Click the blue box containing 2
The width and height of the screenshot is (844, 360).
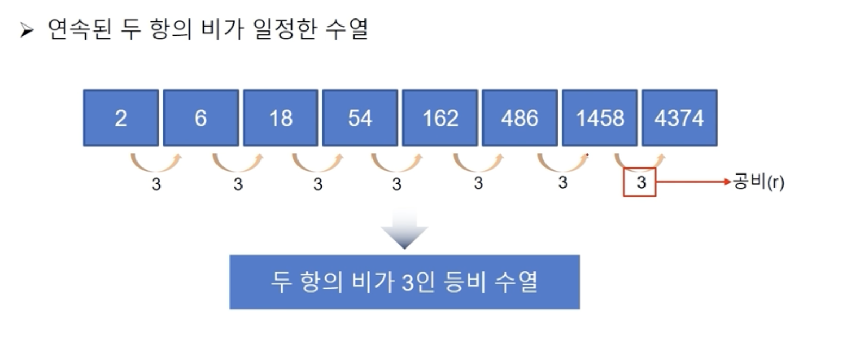(x=121, y=118)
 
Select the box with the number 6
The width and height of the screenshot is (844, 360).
(x=201, y=118)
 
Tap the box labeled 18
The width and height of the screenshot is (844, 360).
(x=281, y=118)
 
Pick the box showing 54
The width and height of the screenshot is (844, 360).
(x=360, y=118)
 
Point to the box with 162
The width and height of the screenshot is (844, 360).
(x=440, y=118)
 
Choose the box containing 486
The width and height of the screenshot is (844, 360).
(x=519, y=118)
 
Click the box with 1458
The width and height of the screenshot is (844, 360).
(x=599, y=118)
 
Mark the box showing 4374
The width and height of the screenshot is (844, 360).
(x=679, y=118)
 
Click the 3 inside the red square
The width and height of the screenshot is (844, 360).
(x=641, y=183)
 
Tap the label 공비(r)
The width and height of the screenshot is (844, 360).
(x=759, y=182)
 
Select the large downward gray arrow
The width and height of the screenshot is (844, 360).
(x=404, y=229)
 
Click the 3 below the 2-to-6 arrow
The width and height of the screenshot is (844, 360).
(x=156, y=185)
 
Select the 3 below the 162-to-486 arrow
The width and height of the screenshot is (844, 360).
(x=478, y=183)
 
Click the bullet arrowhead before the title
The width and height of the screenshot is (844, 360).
(x=26, y=31)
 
